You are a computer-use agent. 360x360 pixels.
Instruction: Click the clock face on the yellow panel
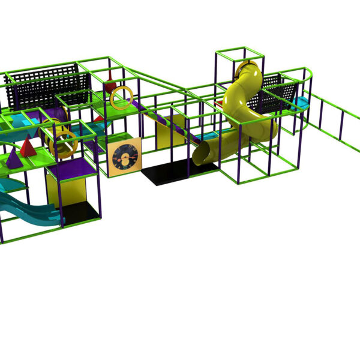pyautogui.click(x=125, y=157)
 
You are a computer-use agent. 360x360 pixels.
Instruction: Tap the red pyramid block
pyautogui.click(x=27, y=146)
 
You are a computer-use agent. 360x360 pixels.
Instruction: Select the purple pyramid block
pyautogui.click(x=13, y=158)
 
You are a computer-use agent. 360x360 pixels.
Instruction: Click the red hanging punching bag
pyautogui.click(x=110, y=85)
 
